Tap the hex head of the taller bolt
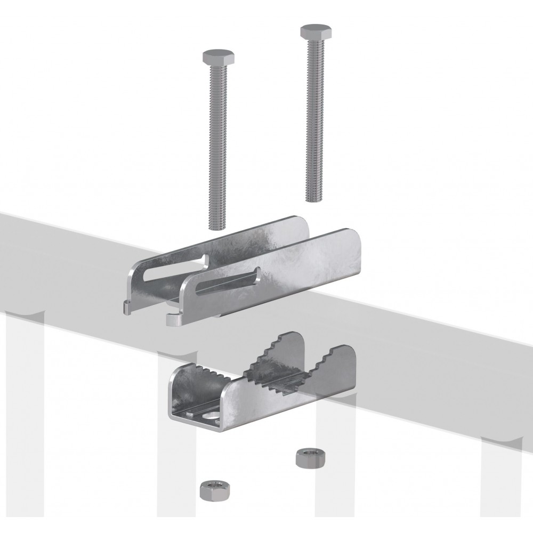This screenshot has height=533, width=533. click(x=310, y=30)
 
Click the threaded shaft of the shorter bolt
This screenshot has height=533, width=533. click(x=216, y=139)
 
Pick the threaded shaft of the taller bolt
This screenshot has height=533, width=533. click(x=313, y=117)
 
